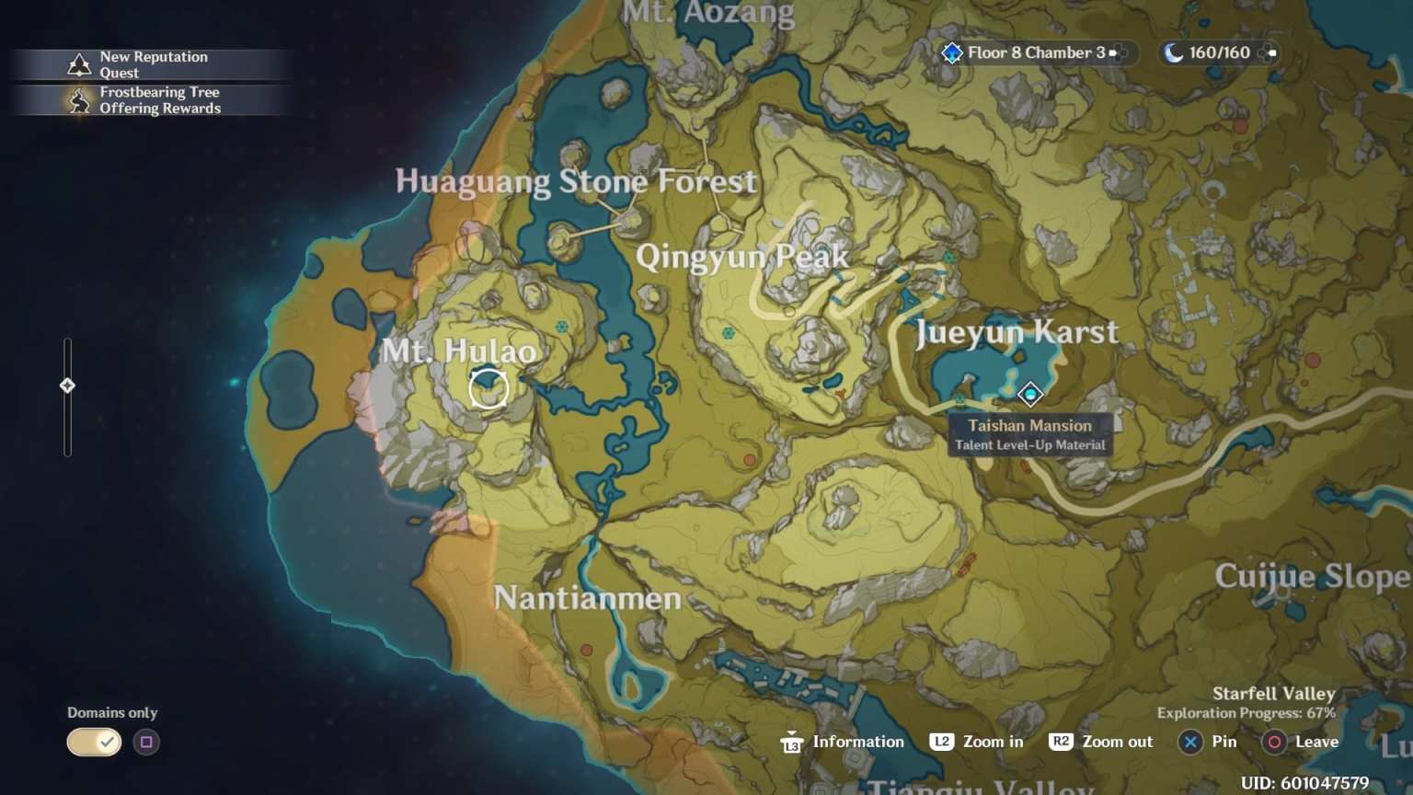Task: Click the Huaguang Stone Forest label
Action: click(576, 181)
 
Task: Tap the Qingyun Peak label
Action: click(741, 256)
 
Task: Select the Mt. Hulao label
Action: click(459, 351)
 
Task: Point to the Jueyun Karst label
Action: click(1017, 332)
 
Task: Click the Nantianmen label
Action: click(587, 599)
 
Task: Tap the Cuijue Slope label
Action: click(1312, 577)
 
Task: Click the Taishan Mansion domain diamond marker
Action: click(1030, 394)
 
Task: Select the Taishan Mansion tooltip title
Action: click(1029, 425)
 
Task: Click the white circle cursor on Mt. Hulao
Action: click(488, 388)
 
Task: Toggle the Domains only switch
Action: click(94, 742)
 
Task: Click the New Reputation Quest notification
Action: click(153, 64)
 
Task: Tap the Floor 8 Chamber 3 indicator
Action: click(1034, 53)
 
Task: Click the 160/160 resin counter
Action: click(1218, 53)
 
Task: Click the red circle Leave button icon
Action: click(1274, 742)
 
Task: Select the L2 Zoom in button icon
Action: click(941, 742)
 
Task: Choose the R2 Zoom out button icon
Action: click(1061, 742)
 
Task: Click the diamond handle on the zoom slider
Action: click(67, 386)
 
